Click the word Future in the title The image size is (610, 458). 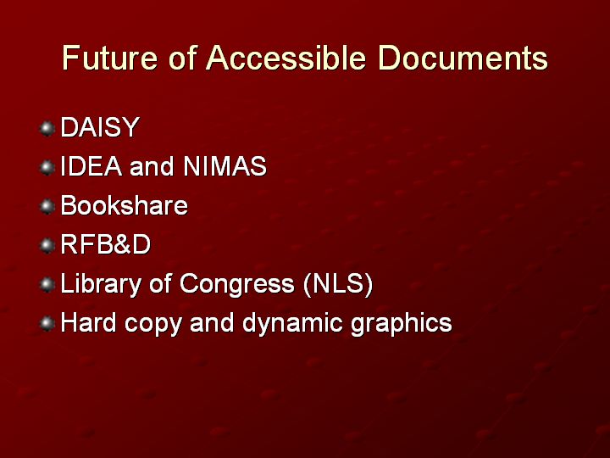tap(109, 58)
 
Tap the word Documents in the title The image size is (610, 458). tap(463, 58)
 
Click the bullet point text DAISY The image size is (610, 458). tap(100, 127)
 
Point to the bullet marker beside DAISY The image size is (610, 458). tap(47, 129)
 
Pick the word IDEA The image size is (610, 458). tap(91, 166)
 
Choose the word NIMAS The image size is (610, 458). tap(225, 166)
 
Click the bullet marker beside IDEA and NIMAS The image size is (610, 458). tap(47, 167)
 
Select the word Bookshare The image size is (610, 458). tap(124, 205)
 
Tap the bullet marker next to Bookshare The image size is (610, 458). tap(47, 206)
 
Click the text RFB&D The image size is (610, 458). tap(105, 244)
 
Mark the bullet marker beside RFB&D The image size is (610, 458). tap(47, 245)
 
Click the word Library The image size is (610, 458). tap(101, 284)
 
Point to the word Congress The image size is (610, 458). tap(237, 284)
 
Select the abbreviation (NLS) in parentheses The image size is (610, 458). tap(338, 283)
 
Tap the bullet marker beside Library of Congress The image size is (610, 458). tap(47, 284)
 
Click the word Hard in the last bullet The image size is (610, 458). tap(89, 322)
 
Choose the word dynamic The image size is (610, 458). tap(292, 323)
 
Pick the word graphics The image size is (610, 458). tap(402, 323)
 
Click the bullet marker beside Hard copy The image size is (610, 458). tap(47, 323)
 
